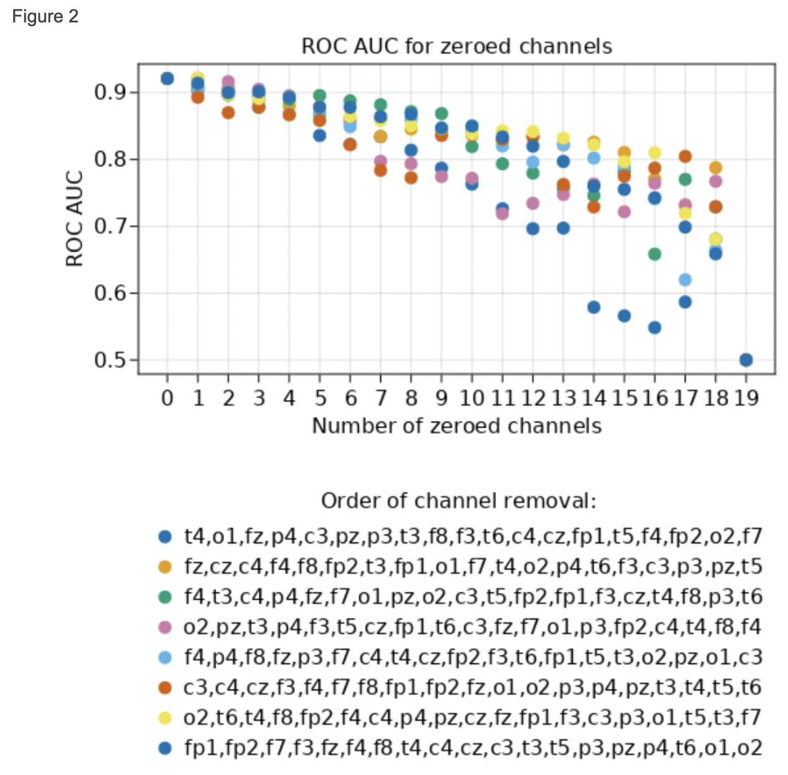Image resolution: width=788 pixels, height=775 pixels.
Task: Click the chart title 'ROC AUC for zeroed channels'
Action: pyautogui.click(x=456, y=46)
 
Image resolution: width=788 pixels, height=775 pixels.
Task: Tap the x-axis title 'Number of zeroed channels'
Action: pyautogui.click(x=456, y=426)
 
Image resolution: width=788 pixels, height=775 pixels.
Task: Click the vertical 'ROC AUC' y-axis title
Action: pyautogui.click(x=75, y=219)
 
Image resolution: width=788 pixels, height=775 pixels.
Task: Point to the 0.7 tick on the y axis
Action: pyautogui.click(x=110, y=226)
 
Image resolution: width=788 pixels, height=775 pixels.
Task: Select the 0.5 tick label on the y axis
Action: pyautogui.click(x=110, y=360)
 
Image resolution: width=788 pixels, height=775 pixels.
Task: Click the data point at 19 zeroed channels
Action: pyautogui.click(x=746, y=359)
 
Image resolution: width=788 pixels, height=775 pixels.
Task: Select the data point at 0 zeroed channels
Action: pyautogui.click(x=167, y=78)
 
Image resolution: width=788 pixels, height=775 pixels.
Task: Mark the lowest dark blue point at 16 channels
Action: pyautogui.click(x=654, y=327)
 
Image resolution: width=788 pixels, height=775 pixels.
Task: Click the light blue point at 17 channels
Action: pyautogui.click(x=685, y=280)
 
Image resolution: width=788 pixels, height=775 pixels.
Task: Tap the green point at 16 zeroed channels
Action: pyautogui.click(x=654, y=254)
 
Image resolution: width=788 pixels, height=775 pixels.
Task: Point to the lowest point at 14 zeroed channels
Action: pyautogui.click(x=593, y=307)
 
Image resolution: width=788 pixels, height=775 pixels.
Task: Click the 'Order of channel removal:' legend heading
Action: pyautogui.click(x=458, y=501)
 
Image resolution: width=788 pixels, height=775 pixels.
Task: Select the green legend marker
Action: pyautogui.click(x=165, y=597)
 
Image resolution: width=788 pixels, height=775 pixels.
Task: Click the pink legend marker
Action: pyautogui.click(x=165, y=627)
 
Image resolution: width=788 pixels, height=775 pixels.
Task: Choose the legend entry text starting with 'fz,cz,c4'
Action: pyautogui.click(x=472, y=567)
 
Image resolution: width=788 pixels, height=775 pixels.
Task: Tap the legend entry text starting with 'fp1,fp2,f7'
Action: pyautogui.click(x=472, y=748)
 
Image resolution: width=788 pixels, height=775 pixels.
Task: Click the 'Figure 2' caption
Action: pyautogui.click(x=45, y=17)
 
